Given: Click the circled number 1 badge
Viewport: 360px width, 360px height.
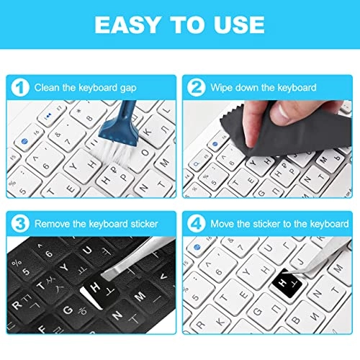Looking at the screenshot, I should [x=22, y=88].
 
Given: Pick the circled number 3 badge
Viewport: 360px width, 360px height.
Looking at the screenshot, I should [x=22, y=223].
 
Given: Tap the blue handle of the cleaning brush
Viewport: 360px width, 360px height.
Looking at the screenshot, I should [x=127, y=115].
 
